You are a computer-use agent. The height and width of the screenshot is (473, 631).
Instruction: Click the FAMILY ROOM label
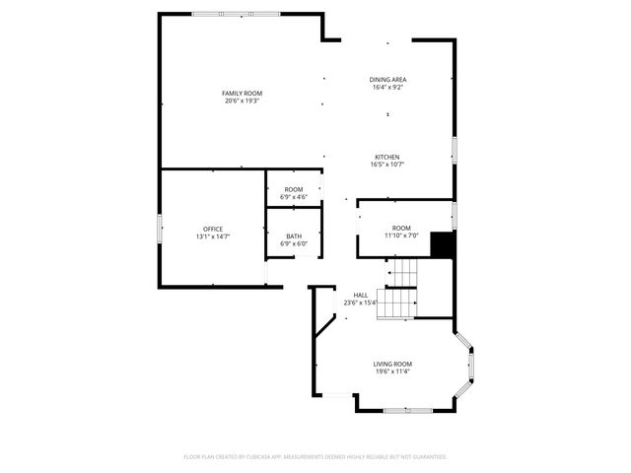click(x=242, y=93)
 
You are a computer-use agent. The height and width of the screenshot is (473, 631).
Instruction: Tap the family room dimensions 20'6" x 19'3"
click(x=242, y=101)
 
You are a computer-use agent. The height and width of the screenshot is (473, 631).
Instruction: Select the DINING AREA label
click(x=388, y=79)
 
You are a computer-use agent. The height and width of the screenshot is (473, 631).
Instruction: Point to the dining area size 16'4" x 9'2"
click(x=388, y=87)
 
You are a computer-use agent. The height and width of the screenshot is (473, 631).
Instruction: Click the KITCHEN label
click(x=386, y=157)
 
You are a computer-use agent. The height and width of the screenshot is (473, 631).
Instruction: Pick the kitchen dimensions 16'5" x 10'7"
click(x=386, y=165)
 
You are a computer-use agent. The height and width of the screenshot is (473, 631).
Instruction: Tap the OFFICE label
click(x=213, y=229)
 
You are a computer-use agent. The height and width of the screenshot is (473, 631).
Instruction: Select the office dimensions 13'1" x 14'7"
click(x=213, y=236)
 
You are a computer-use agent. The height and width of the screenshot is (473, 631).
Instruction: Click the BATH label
click(x=294, y=236)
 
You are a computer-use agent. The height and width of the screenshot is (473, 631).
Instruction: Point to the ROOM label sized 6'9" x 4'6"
click(x=294, y=189)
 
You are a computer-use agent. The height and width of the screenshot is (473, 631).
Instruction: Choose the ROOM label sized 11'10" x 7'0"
click(x=401, y=228)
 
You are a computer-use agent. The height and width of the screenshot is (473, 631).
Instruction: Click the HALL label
click(x=361, y=295)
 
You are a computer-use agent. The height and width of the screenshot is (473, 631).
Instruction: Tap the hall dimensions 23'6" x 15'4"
click(x=360, y=303)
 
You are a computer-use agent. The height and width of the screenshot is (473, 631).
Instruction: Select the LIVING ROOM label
click(x=392, y=364)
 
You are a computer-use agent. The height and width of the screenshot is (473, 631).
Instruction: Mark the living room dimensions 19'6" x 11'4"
click(x=392, y=372)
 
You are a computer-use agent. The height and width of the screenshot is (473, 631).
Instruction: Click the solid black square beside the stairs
click(x=443, y=244)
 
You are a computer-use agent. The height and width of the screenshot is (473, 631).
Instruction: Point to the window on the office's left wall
click(x=161, y=229)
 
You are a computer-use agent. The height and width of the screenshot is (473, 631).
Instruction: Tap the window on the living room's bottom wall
click(x=406, y=410)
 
